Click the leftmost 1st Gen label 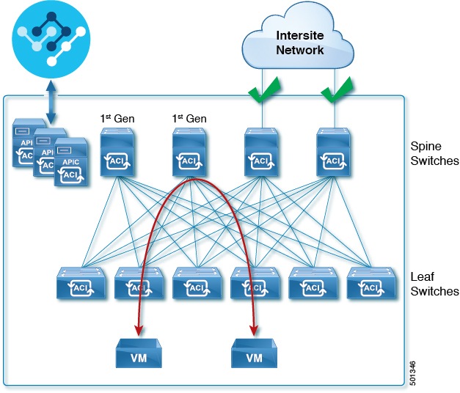pos(117,118)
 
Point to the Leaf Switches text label pos(434,284)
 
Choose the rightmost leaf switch pos(370,284)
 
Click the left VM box pos(140,353)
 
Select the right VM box pos(255,353)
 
